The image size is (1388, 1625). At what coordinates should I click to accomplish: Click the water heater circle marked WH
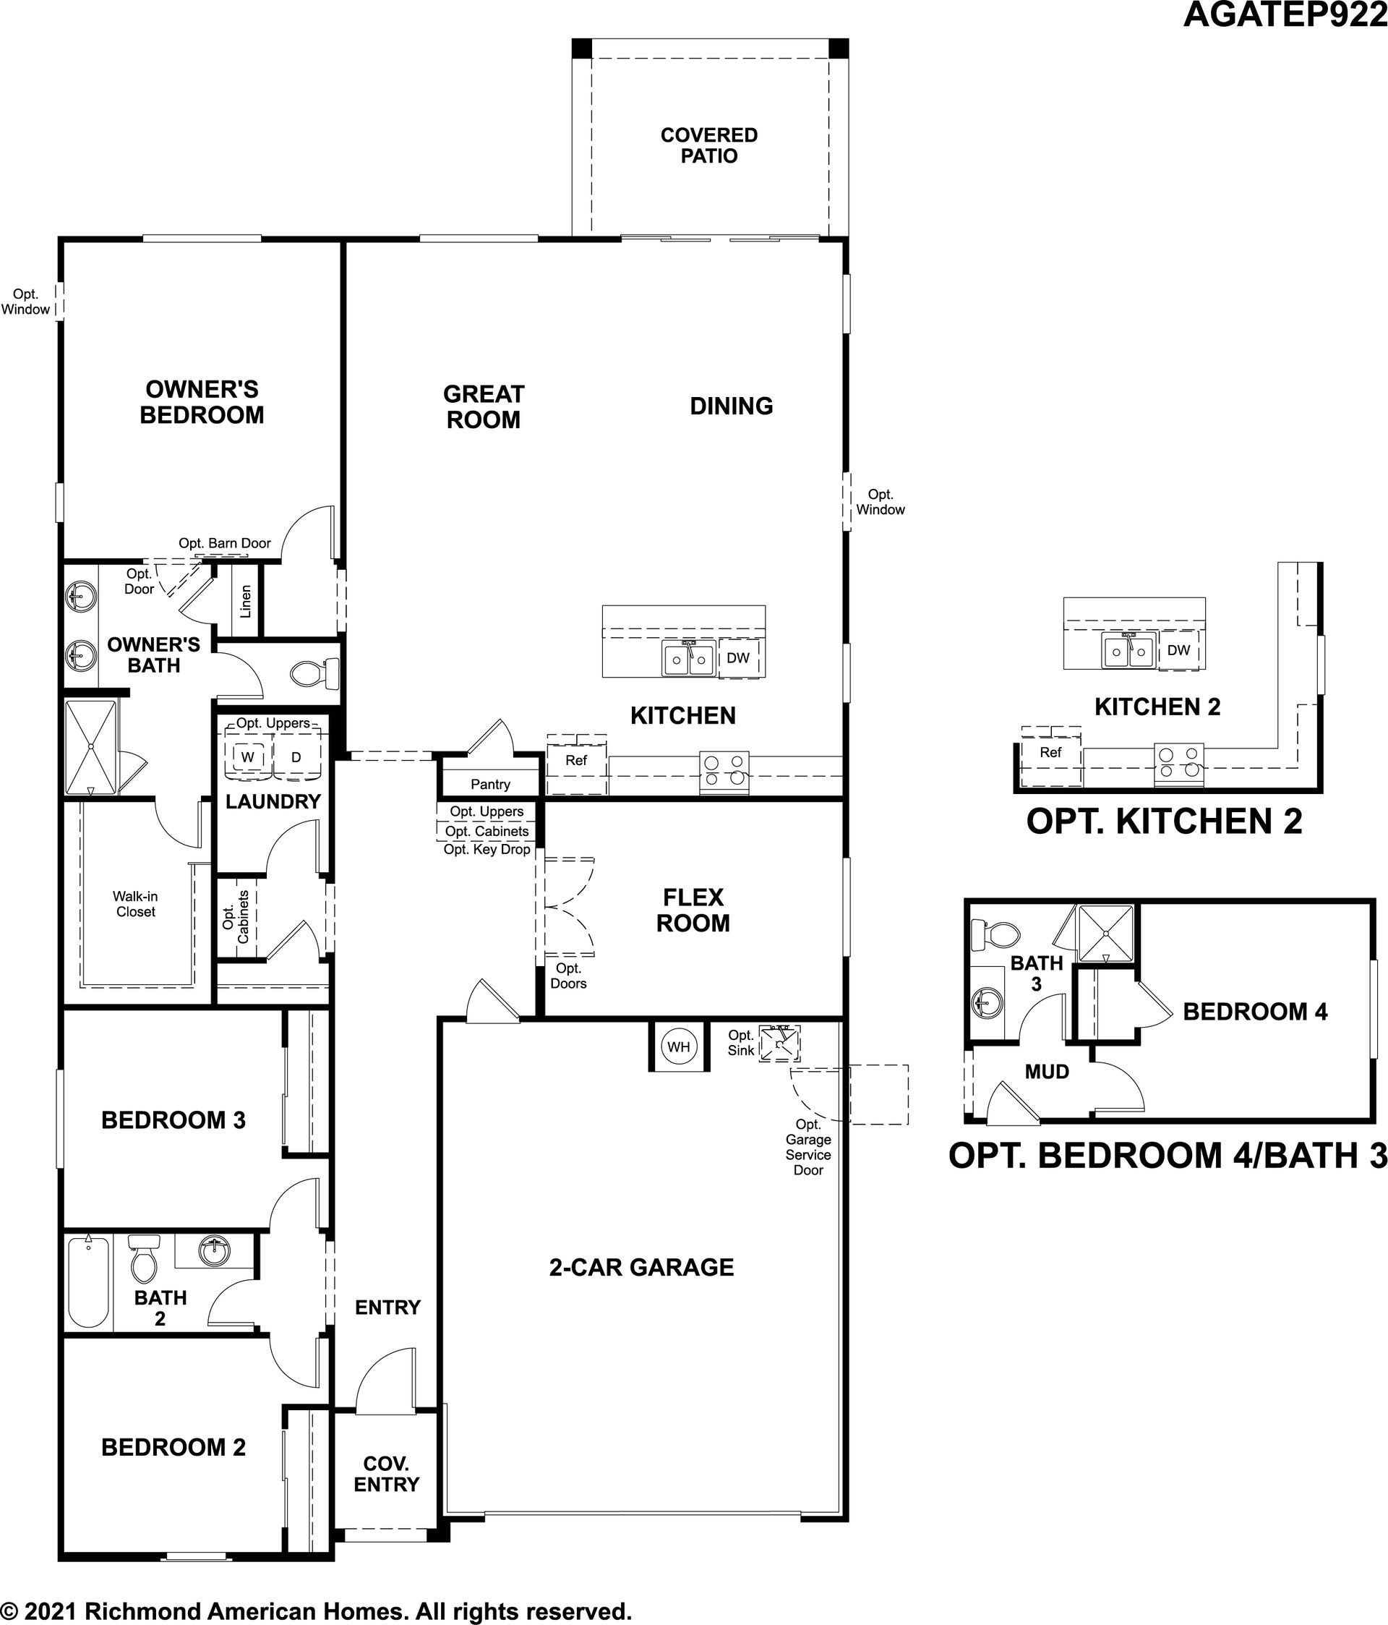coord(679,1046)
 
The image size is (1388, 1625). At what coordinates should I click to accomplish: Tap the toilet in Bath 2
coord(144,1258)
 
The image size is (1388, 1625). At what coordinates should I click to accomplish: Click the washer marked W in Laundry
coord(248,757)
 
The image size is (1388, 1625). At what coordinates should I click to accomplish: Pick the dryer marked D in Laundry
coord(296,757)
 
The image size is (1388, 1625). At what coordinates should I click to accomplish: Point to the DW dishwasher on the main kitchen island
coord(738,658)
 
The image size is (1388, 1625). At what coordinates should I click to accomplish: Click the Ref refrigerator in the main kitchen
coord(576,764)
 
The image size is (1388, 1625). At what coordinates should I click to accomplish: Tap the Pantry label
coord(490,784)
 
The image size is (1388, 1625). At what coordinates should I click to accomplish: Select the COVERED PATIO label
coord(709,146)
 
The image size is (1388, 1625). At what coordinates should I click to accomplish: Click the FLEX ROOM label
coord(693,910)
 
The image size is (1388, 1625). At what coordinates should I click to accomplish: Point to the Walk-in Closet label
coord(136,903)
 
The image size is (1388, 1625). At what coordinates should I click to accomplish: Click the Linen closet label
coord(246,602)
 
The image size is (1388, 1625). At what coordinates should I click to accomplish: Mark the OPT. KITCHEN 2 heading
coord(1165,821)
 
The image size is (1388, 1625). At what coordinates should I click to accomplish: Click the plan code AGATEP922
coord(1285,14)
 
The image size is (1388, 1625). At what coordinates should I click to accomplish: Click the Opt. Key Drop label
coord(487,849)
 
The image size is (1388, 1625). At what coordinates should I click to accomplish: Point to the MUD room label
coord(1047,1071)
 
